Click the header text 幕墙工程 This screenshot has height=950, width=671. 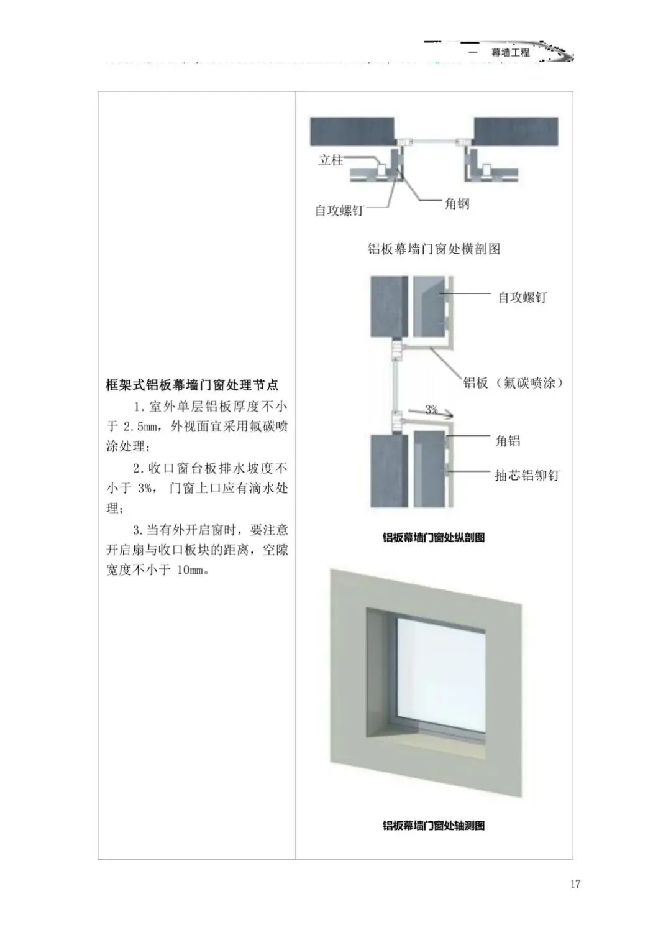[x=510, y=53]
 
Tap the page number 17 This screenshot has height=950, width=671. [x=575, y=883]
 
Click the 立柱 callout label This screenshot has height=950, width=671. [x=331, y=160]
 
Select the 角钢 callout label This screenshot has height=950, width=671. [x=457, y=203]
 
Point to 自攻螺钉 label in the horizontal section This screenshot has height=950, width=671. [x=339, y=211]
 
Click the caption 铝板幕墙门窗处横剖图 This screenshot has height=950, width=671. [x=434, y=249]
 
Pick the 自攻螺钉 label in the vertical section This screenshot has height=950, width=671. [x=523, y=297]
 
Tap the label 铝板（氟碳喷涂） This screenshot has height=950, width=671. [x=513, y=383]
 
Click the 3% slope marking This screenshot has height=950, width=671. [x=431, y=409]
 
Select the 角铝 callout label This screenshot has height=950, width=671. [x=508, y=441]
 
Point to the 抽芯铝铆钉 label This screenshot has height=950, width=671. [x=527, y=476]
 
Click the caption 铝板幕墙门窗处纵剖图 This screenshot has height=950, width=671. [x=434, y=538]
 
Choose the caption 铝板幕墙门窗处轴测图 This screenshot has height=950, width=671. [x=434, y=826]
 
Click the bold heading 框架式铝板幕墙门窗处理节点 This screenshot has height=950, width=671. [x=192, y=385]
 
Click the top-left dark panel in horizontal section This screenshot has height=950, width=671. [x=352, y=131]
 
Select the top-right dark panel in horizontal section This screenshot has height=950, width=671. [x=516, y=131]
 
